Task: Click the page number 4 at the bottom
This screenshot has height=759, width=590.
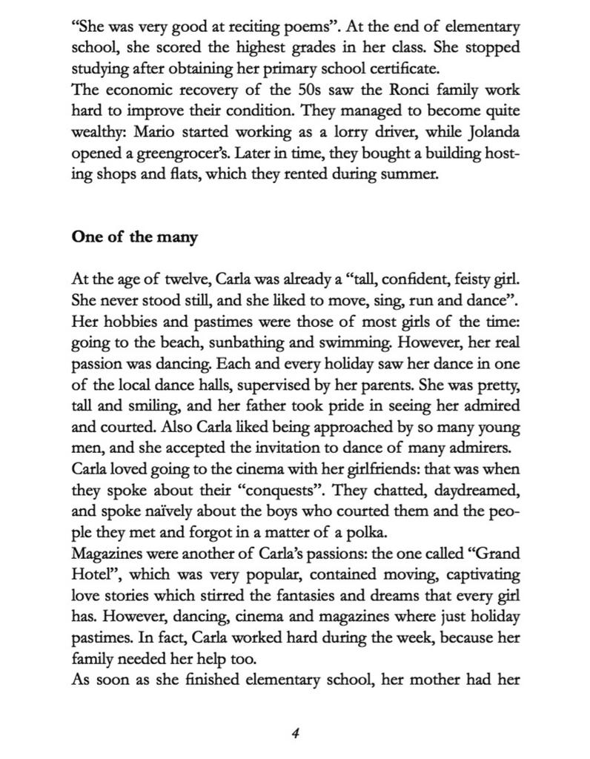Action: click(295, 733)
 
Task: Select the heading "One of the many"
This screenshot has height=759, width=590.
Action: click(135, 237)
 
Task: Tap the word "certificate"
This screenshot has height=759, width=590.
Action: click(405, 69)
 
